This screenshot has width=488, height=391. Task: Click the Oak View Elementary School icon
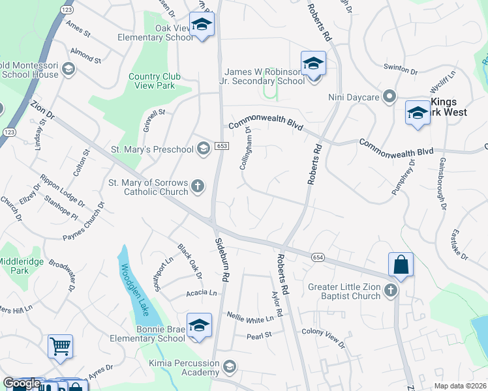tap(202, 25)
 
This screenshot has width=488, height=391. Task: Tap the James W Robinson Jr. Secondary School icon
tap(313, 64)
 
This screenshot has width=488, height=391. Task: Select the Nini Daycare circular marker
tap(390, 98)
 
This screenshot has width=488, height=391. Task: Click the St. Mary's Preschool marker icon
tap(204, 149)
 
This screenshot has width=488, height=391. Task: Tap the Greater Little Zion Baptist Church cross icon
tap(391, 290)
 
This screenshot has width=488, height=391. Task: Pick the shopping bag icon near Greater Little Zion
tap(401, 265)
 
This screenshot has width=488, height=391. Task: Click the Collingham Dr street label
tap(246, 149)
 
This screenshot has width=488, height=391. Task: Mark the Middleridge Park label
tap(22, 265)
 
